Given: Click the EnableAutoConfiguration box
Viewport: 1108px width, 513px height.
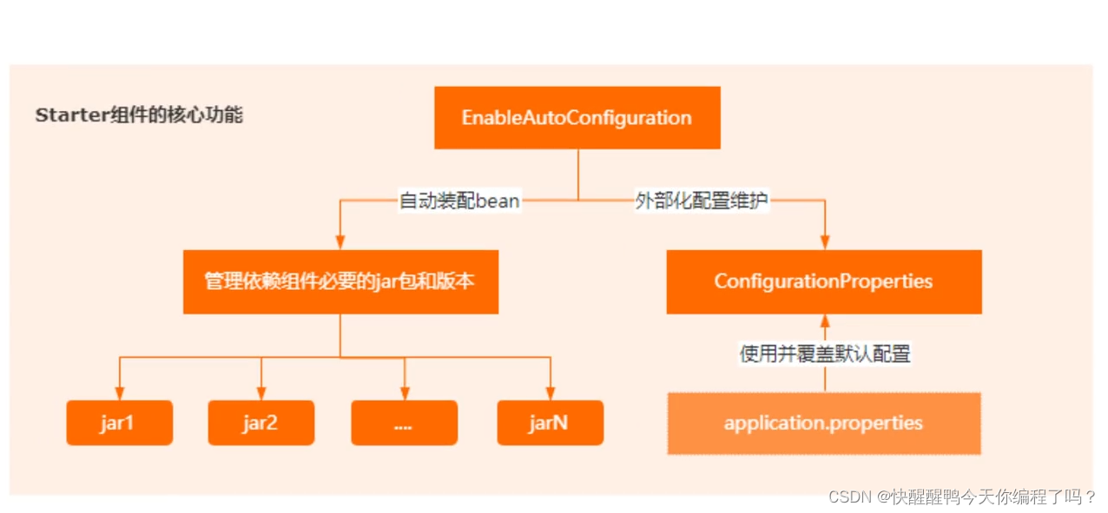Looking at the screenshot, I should (x=577, y=117).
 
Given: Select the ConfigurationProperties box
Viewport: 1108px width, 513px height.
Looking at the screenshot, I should (x=823, y=281).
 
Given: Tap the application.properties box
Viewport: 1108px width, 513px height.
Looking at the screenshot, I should (x=823, y=424).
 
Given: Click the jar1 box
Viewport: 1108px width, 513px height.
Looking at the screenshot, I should (x=119, y=423).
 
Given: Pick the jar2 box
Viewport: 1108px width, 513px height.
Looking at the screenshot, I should (x=261, y=423).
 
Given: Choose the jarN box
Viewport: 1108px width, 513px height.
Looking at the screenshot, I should (x=550, y=423).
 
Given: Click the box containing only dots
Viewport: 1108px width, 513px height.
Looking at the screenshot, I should (x=404, y=423).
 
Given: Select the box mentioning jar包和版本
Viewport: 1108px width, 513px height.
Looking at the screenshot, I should (x=340, y=281).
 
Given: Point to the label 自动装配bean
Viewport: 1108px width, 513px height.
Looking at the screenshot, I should (x=459, y=201).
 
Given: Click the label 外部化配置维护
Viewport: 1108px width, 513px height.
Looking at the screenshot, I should (x=702, y=201).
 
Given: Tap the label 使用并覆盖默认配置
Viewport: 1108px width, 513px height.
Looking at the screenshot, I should (x=824, y=353).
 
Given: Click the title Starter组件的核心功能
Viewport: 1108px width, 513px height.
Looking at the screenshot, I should (x=139, y=115).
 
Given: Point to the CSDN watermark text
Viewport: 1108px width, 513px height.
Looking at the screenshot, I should (x=961, y=497).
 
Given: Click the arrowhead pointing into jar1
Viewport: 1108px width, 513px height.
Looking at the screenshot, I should (x=119, y=394).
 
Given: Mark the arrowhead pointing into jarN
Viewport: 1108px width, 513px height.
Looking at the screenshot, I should (x=550, y=394).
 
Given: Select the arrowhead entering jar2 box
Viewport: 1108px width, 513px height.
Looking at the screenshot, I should (x=261, y=394).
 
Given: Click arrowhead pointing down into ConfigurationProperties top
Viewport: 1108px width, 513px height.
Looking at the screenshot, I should (x=823, y=243).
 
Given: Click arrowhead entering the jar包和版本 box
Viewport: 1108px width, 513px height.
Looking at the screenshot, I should (x=340, y=243).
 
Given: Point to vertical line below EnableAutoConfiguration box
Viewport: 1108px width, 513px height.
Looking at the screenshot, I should (x=577, y=174).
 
